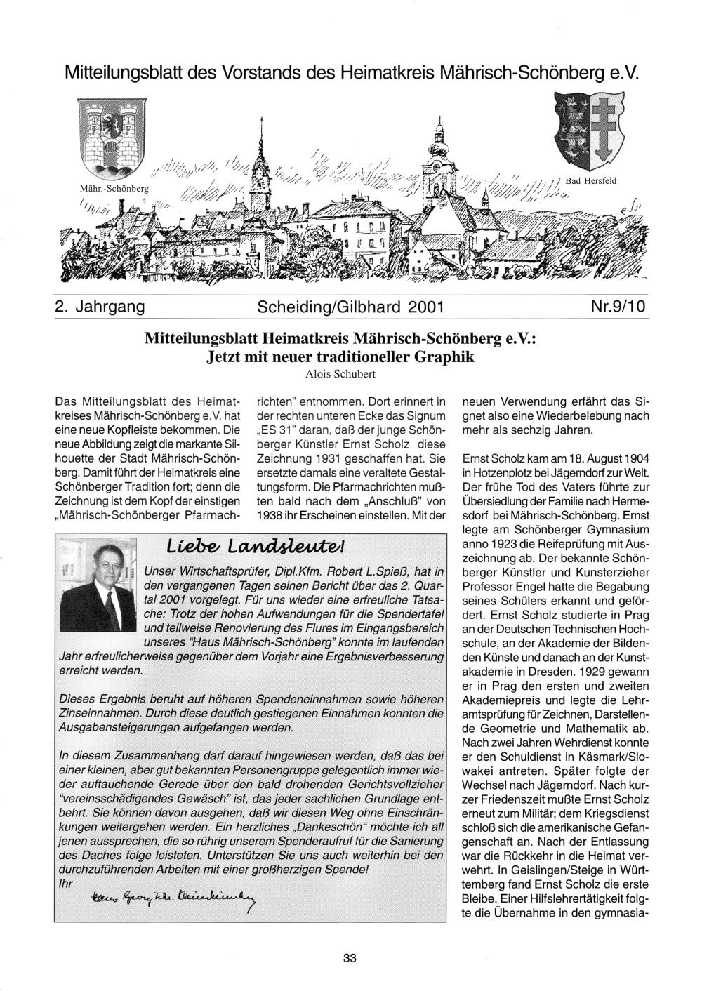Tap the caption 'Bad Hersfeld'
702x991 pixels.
point(590,181)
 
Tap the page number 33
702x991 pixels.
point(350,958)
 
